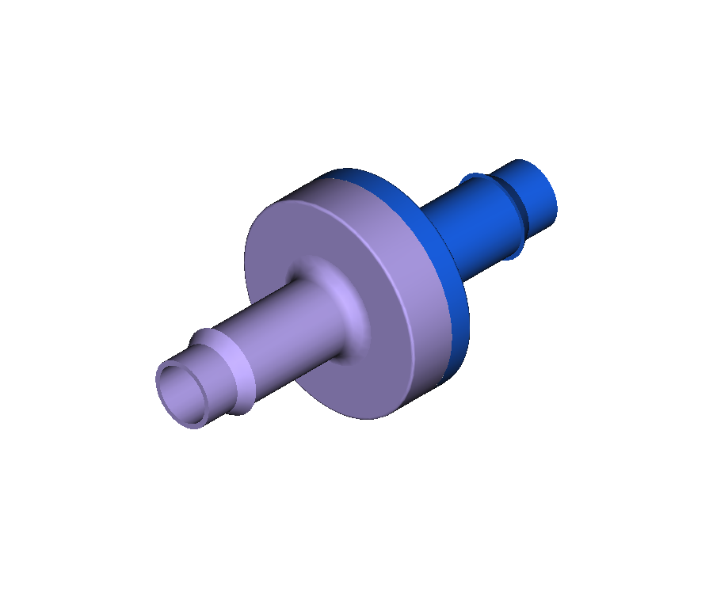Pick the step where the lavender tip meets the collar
coord(198,348)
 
